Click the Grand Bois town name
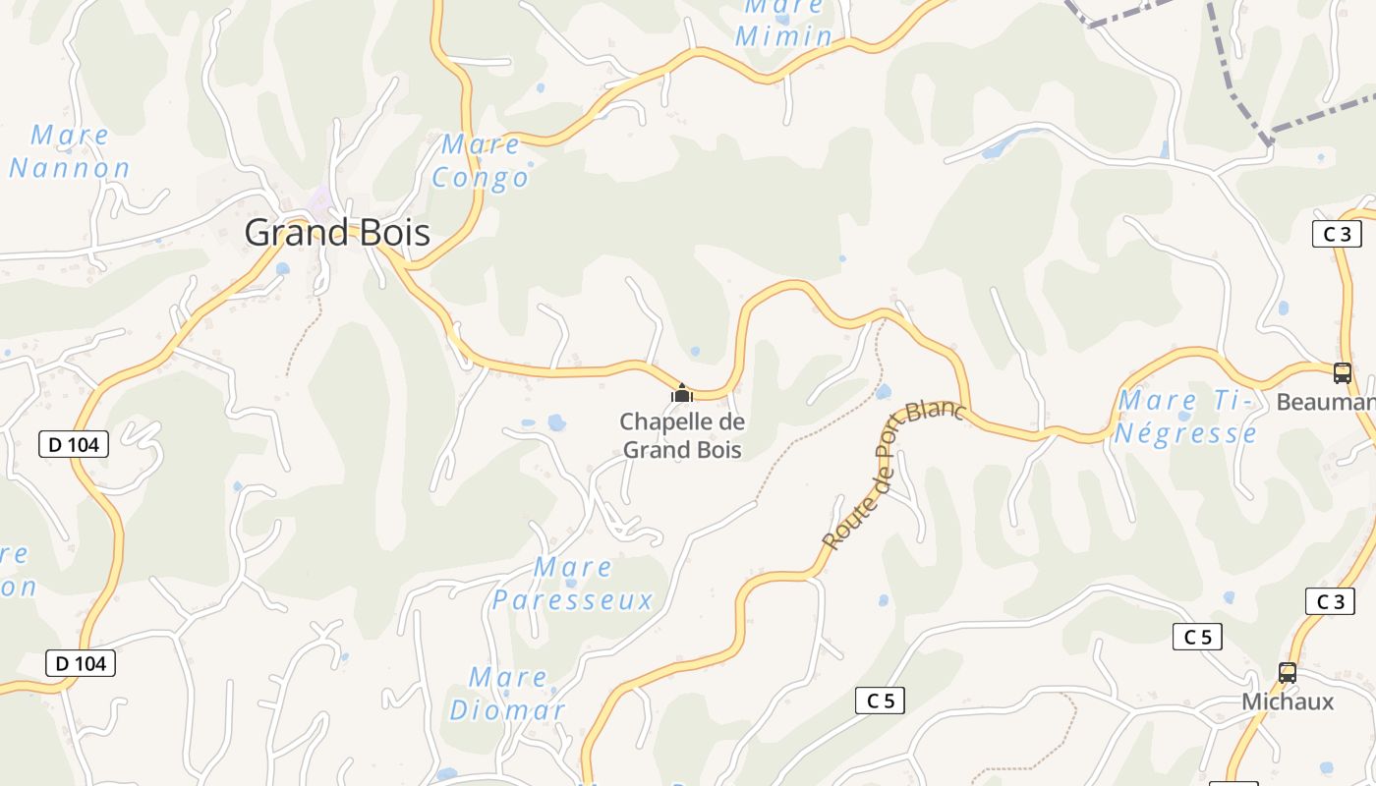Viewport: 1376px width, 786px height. pyautogui.click(x=337, y=233)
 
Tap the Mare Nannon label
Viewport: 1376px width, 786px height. pyautogui.click(x=70, y=151)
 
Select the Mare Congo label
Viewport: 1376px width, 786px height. pyautogui.click(x=481, y=161)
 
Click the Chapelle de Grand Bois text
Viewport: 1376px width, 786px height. pyautogui.click(x=682, y=435)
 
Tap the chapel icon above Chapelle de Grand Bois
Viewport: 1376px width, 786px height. pyautogui.click(x=682, y=394)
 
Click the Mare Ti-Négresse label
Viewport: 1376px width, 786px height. pyautogui.click(x=1185, y=417)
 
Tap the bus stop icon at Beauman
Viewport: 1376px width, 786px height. pyautogui.click(x=1342, y=373)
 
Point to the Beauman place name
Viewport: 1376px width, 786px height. pyautogui.click(x=1325, y=402)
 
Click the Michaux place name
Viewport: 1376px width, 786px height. pyautogui.click(x=1288, y=702)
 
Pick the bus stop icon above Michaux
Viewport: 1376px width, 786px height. pyautogui.click(x=1287, y=673)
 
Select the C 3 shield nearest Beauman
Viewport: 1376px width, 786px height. pyautogui.click(x=1337, y=234)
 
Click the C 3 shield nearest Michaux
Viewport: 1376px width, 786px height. pyautogui.click(x=1330, y=601)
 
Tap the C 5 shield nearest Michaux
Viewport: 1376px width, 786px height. pyautogui.click(x=1197, y=637)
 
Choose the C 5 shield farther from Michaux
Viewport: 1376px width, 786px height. pyautogui.click(x=880, y=701)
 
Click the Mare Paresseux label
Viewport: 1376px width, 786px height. pyautogui.click(x=573, y=584)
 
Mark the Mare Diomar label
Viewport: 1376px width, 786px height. pyautogui.click(x=507, y=694)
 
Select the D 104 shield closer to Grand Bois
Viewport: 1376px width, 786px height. pyautogui.click(x=74, y=444)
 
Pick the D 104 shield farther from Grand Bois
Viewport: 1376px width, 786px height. pyautogui.click(x=81, y=663)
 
